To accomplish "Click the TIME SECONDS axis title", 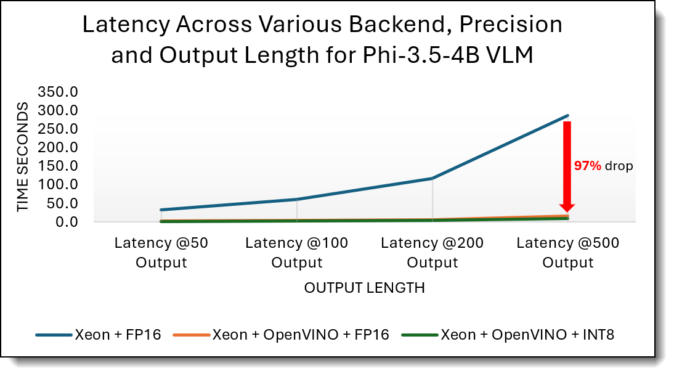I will pyautogui.click(x=23, y=157).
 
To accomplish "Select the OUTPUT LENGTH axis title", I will pyautogui.click(x=365, y=288).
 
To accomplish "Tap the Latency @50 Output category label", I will pyautogui.click(x=161, y=253).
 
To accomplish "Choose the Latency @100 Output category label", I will pyautogui.click(x=297, y=253).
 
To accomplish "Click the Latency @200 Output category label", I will pyautogui.click(x=432, y=253).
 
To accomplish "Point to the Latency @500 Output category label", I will pyautogui.click(x=568, y=253).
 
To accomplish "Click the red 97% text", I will pyautogui.click(x=587, y=166).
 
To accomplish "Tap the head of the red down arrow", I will pyautogui.click(x=567, y=208).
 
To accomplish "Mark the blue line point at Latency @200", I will pyautogui.click(x=432, y=178).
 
